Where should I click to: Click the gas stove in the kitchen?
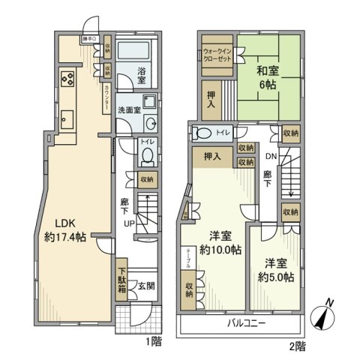tap(65, 79)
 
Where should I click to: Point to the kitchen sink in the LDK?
tap(66, 118)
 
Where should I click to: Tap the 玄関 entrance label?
tap(146, 286)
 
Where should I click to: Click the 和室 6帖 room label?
tap(266, 79)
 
